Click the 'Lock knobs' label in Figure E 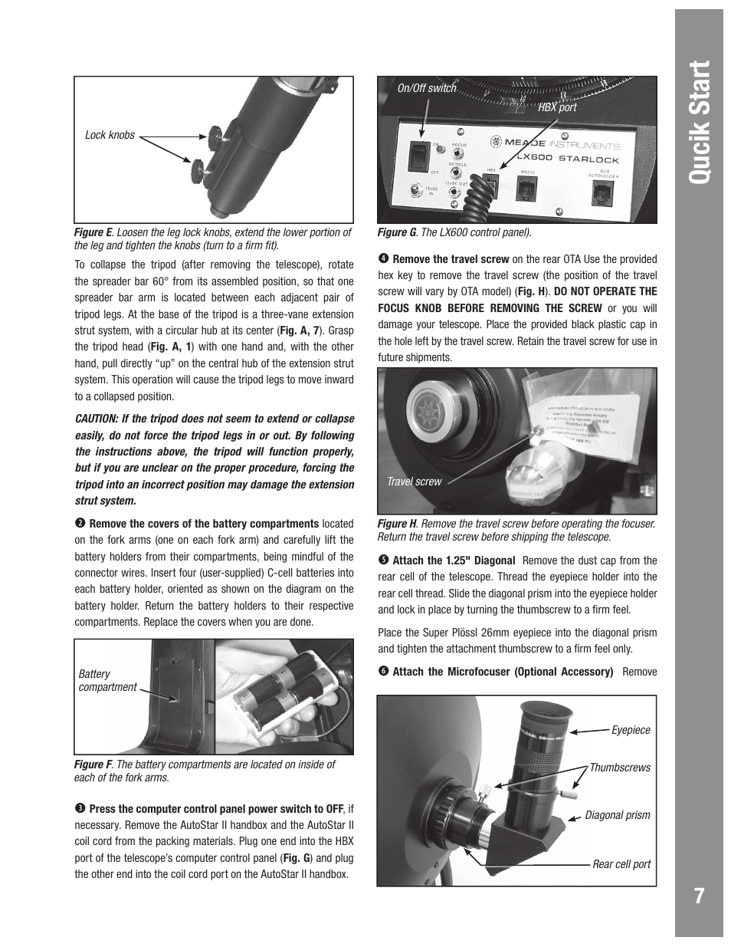(110, 135)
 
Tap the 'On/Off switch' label (426, 88)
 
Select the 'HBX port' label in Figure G (556, 108)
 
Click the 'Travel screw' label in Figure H (414, 482)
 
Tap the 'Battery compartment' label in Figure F (107, 681)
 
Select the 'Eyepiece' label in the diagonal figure (630, 730)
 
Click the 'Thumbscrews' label (619, 768)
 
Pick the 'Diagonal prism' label (617, 815)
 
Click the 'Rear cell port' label (621, 864)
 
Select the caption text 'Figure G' (397, 232)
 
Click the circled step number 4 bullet (383, 259)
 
